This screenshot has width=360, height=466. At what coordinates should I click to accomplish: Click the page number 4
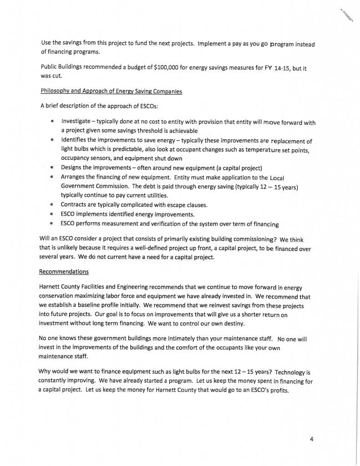(x=312, y=439)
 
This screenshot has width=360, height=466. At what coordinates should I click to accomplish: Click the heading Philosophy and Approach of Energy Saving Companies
(x=111, y=91)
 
